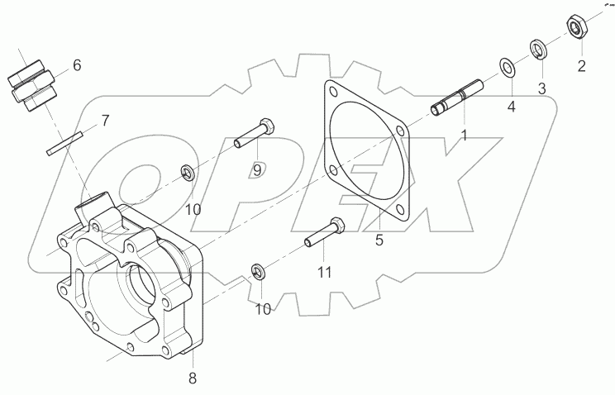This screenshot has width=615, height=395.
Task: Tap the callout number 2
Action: pyautogui.click(x=580, y=65)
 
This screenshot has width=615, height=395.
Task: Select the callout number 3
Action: pyautogui.click(x=542, y=87)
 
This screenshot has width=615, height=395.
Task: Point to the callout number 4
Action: pyautogui.click(x=511, y=106)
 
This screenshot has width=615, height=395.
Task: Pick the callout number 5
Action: pyautogui.click(x=379, y=240)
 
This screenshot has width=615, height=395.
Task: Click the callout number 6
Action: pyautogui.click(x=77, y=64)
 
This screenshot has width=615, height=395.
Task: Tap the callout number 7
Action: pyautogui.click(x=104, y=121)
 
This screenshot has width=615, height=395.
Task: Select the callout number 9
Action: pyautogui.click(x=257, y=169)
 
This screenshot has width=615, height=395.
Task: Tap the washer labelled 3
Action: pyautogui.click(x=536, y=48)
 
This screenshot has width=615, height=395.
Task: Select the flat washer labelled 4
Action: pyautogui.click(x=505, y=67)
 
